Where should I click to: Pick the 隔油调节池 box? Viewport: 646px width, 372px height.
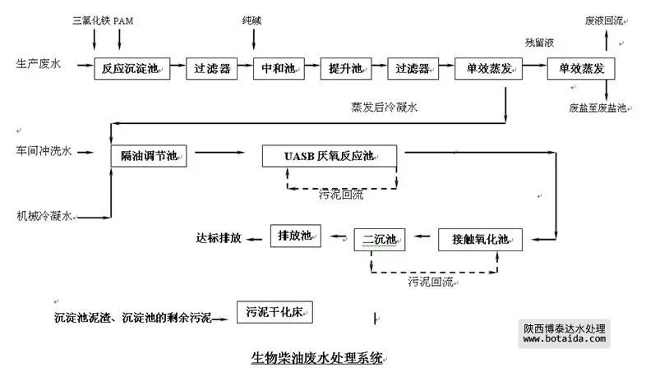[x=149, y=154]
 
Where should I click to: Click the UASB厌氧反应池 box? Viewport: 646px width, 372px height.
[x=329, y=154]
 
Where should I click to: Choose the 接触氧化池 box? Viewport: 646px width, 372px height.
[x=481, y=239]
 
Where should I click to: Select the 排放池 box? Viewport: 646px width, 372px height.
[x=294, y=237]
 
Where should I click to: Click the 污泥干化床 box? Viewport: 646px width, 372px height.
[x=275, y=312]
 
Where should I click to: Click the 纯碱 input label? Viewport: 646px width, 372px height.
[x=251, y=20]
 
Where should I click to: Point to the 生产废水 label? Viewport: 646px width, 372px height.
[x=39, y=62]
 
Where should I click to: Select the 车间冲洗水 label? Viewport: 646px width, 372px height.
[x=44, y=151]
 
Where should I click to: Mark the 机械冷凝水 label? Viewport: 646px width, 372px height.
[x=44, y=217]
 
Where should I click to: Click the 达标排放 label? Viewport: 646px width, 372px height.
[x=219, y=238]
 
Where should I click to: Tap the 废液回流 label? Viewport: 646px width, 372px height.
[x=603, y=20]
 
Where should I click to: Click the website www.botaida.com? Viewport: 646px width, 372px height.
[x=564, y=338]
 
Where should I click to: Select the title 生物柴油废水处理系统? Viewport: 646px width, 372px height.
[x=317, y=358]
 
